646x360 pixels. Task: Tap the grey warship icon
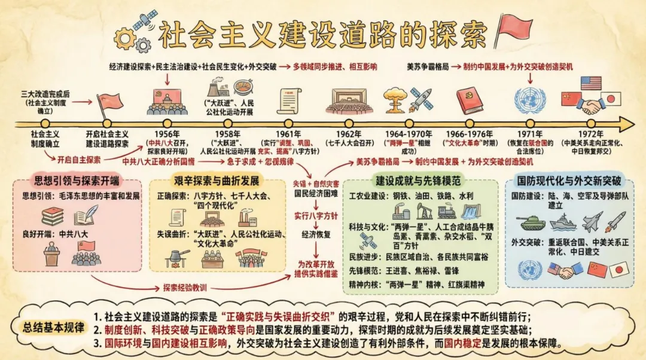(562, 222)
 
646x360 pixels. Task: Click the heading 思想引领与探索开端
(76, 181)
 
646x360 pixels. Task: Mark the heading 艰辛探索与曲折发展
(217, 181)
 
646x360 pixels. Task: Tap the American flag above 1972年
(590, 83)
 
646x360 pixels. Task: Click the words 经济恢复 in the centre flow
(318, 234)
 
